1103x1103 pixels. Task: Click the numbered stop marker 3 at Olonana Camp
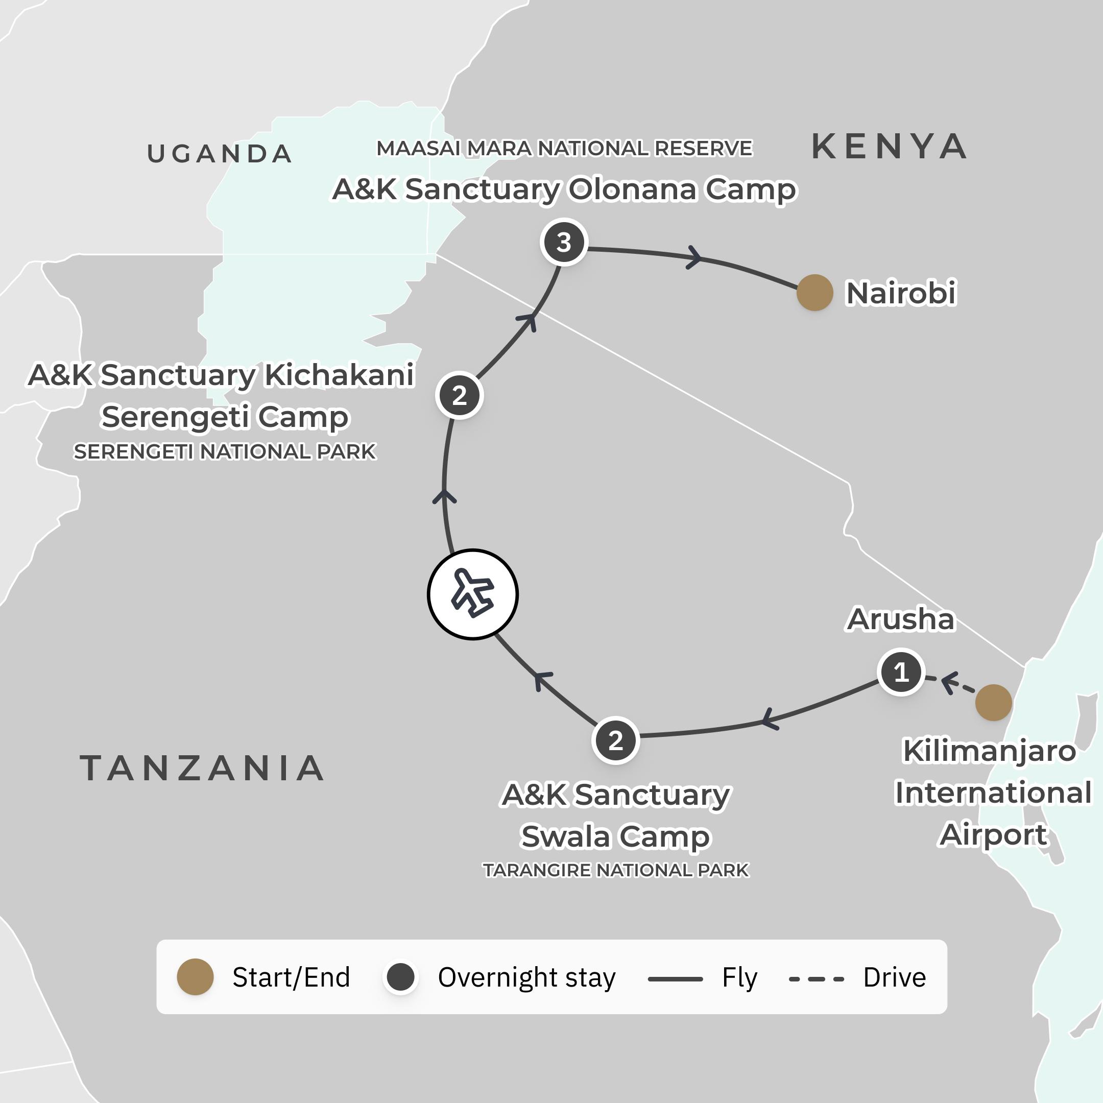tap(563, 242)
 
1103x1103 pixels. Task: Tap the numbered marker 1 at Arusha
tap(901, 672)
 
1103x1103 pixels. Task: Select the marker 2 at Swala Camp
tap(615, 740)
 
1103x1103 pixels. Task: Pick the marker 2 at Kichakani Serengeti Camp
tap(459, 395)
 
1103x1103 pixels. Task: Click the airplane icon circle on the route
tap(473, 594)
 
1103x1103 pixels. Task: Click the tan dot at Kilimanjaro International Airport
tap(993, 702)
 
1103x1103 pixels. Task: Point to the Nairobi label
tap(900, 293)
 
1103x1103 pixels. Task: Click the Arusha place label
tap(900, 619)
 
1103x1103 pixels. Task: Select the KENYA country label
tap(889, 147)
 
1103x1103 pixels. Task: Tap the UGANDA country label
tap(220, 154)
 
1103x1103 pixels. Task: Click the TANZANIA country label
tap(202, 768)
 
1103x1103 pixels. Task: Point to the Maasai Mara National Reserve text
tap(564, 149)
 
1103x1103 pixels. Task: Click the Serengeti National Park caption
tap(224, 451)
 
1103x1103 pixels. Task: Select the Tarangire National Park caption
tap(615, 870)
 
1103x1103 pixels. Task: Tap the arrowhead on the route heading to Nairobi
tap(693, 257)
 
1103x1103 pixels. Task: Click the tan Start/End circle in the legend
tap(195, 977)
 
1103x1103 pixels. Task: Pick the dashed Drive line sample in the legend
tap(817, 978)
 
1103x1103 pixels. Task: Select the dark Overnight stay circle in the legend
tap(400, 977)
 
